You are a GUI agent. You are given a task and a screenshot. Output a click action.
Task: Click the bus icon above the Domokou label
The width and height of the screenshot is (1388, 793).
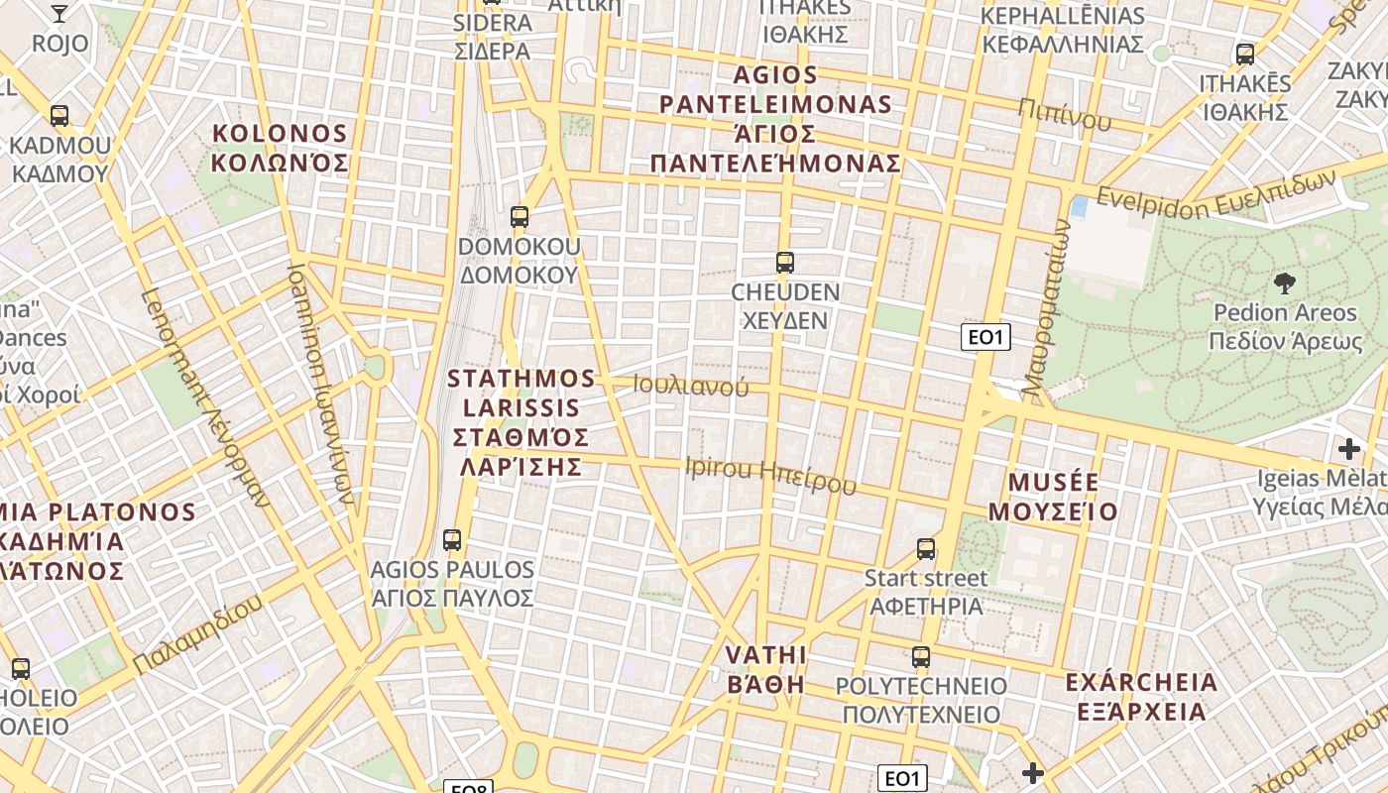pyautogui.click(x=519, y=217)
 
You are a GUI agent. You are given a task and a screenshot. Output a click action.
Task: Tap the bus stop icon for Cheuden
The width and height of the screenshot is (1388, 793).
pyautogui.click(x=784, y=263)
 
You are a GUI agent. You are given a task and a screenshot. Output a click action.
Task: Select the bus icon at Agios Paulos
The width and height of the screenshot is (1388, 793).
pyautogui.click(x=452, y=540)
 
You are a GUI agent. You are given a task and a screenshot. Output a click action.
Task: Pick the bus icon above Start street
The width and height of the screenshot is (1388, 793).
pyautogui.click(x=926, y=548)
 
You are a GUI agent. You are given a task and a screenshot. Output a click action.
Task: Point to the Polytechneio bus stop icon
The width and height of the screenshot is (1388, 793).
pyautogui.click(x=921, y=656)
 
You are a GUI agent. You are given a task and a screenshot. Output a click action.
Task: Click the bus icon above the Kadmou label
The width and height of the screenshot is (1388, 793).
pyautogui.click(x=59, y=116)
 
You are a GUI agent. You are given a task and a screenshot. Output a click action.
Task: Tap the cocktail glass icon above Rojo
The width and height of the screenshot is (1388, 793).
pyautogui.click(x=59, y=13)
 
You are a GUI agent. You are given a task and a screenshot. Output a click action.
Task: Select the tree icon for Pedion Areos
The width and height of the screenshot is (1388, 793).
pyautogui.click(x=1285, y=283)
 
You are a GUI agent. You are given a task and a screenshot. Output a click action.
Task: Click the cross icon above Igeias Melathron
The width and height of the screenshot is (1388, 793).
pyautogui.click(x=1348, y=449)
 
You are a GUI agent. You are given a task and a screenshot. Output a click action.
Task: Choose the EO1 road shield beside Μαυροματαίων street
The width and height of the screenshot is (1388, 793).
pyautogui.click(x=985, y=337)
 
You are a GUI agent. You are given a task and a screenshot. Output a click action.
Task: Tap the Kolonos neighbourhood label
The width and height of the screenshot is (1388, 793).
pyautogui.click(x=281, y=148)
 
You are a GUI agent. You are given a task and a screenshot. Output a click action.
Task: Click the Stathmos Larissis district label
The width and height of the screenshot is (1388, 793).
pyautogui.click(x=521, y=421)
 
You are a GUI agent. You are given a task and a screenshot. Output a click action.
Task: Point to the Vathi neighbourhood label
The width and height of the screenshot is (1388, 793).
pyautogui.click(x=765, y=669)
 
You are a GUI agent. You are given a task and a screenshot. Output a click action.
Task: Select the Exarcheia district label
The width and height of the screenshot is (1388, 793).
pyautogui.click(x=1141, y=696)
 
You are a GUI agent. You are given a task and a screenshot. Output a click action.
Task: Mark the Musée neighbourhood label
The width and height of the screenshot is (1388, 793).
pyautogui.click(x=1063, y=497)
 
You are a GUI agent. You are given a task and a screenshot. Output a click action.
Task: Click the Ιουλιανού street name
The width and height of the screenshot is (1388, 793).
pyautogui.click(x=692, y=386)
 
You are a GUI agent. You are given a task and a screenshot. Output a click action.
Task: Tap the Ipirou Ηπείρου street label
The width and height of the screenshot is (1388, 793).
pyautogui.click(x=770, y=475)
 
